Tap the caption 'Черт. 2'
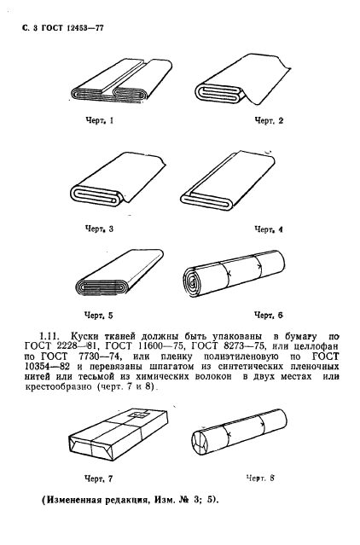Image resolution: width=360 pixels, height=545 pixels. pyautogui.click(x=270, y=121)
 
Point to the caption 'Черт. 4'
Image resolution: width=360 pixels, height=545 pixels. pyautogui.click(x=269, y=229)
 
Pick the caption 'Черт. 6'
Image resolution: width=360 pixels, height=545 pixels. pyautogui.click(x=269, y=315)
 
